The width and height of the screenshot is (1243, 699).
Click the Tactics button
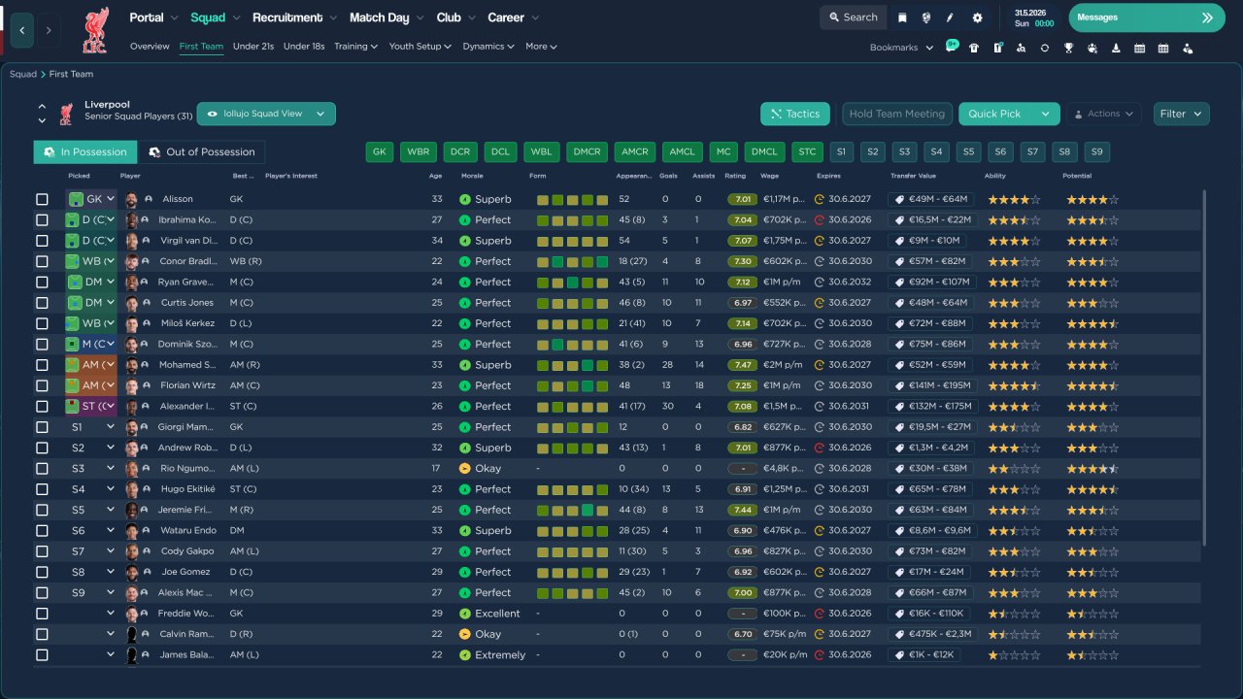pos(795,114)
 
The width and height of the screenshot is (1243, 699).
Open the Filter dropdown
pos(1181,114)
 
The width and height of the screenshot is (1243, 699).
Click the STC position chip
pos(806,152)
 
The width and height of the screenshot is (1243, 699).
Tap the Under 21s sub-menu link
pos(253,47)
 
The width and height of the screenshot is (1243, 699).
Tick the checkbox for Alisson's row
pos(42,199)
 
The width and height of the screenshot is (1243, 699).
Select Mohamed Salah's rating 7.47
pos(743,365)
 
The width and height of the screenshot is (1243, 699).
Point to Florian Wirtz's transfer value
pos(929,385)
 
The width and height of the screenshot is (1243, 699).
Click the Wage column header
pos(769,177)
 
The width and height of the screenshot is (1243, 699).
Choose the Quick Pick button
pos(996,114)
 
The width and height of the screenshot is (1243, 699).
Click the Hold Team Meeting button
pos(896,114)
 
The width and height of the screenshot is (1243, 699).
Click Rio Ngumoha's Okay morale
pos(487,469)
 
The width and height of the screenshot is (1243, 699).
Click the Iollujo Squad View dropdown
pos(266,114)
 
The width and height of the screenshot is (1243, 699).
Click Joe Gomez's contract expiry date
pos(849,573)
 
